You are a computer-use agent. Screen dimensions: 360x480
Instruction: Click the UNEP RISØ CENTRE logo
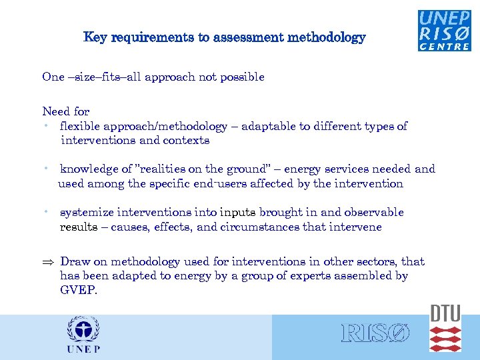click(x=445, y=31)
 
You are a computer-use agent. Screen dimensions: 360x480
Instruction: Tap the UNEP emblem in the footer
click(x=83, y=335)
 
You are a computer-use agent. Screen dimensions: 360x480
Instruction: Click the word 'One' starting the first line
click(x=53, y=77)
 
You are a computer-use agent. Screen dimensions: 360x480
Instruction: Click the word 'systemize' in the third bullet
click(x=87, y=213)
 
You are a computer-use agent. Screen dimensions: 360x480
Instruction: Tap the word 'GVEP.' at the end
click(x=78, y=290)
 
